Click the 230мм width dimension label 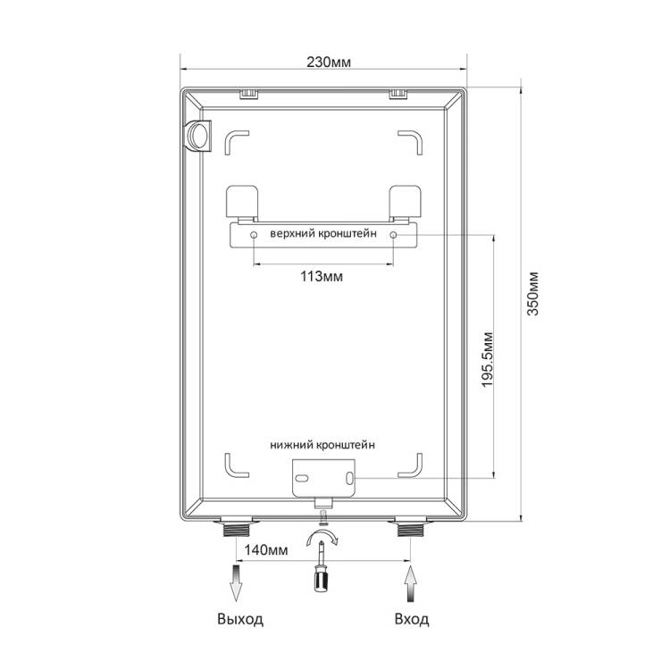tap(329, 63)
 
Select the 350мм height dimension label tap(532, 294)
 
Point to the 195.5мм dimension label tap(487, 359)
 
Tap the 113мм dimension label tap(322, 276)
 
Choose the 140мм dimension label tap(266, 549)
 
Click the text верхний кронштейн tap(323, 234)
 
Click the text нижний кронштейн tap(322, 445)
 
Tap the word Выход tap(240, 619)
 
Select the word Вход tap(412, 619)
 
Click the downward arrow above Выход tap(236, 583)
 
